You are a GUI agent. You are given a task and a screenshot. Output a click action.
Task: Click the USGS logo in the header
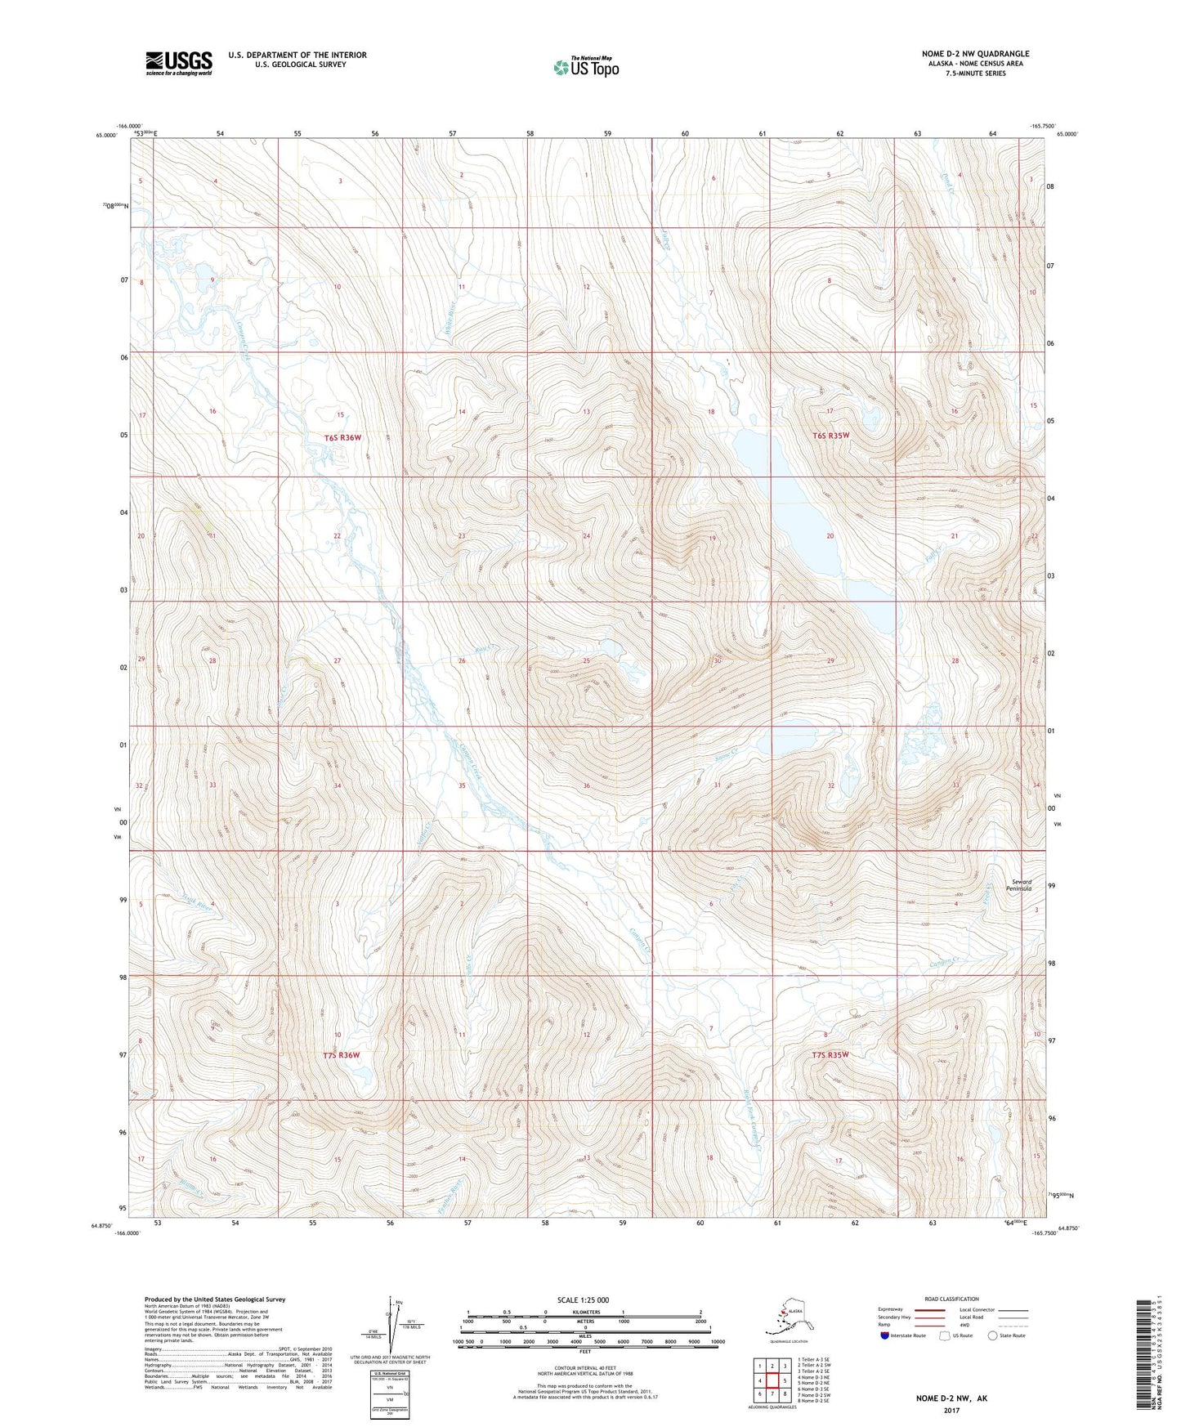(x=178, y=63)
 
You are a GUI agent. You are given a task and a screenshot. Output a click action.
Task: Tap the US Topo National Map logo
(x=584, y=67)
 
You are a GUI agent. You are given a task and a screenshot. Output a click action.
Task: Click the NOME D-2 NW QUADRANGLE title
(x=964, y=53)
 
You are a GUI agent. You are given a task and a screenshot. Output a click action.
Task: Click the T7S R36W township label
(x=341, y=1055)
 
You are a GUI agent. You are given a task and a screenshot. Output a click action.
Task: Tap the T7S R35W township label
(x=830, y=1054)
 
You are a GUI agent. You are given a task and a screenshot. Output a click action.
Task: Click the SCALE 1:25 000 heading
(x=583, y=1300)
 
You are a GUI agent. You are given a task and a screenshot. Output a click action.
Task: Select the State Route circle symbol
(x=992, y=1335)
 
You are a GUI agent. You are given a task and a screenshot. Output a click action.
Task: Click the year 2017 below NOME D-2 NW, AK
(x=951, y=1411)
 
